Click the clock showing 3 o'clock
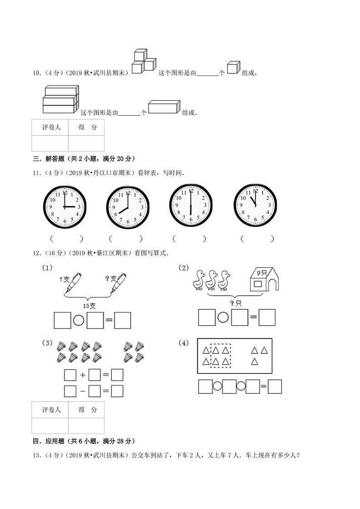pyautogui.click(x=64, y=206)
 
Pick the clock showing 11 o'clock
pyautogui.click(x=255, y=205)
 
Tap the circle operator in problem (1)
pyautogui.click(x=79, y=321)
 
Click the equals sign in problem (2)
pyautogui.click(x=254, y=317)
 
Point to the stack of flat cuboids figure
pyautogui.click(x=60, y=100)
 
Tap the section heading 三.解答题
pyautogui.click(x=83, y=159)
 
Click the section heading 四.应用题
pyautogui.click(x=83, y=441)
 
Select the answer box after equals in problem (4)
pyautogui.click(x=274, y=386)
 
